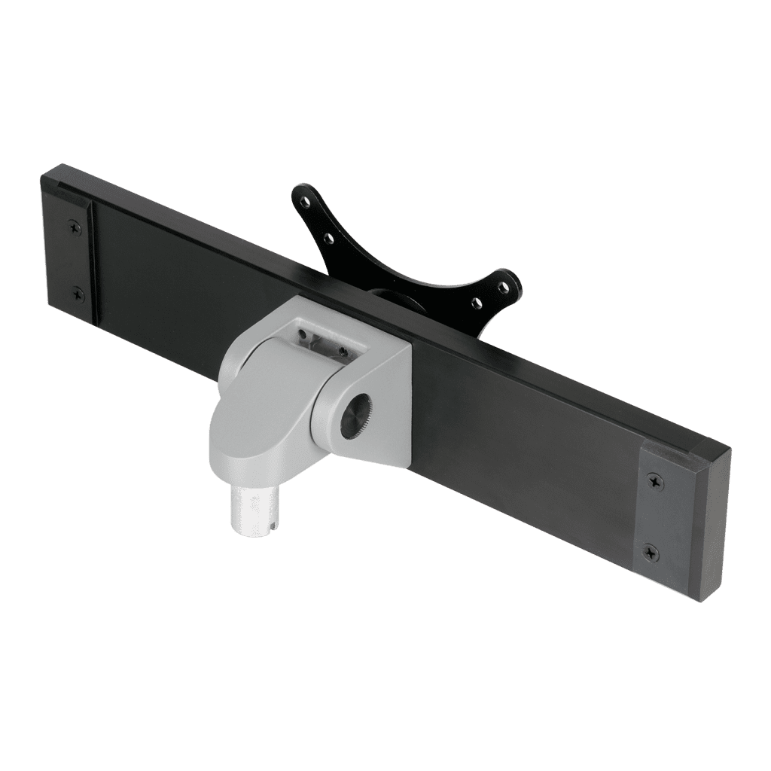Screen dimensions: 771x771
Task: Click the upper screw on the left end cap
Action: coord(74,224)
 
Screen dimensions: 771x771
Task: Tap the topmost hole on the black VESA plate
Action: coord(303,201)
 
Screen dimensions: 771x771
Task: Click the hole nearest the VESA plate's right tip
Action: coord(502,285)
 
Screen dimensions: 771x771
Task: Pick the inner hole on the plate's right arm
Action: coord(476,303)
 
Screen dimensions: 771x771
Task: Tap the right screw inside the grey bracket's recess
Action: coord(343,351)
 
